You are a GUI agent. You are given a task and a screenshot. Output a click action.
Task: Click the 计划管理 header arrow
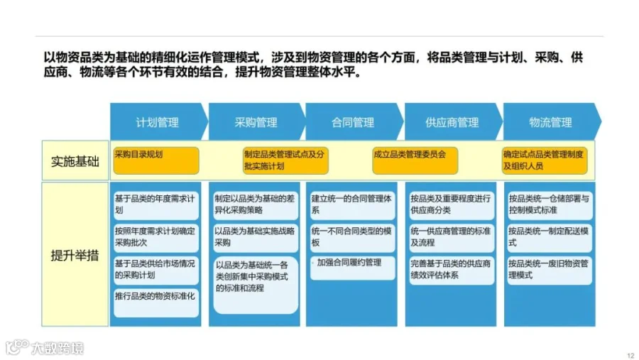[x=157, y=122]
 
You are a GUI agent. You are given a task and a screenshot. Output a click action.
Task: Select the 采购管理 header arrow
[x=256, y=122]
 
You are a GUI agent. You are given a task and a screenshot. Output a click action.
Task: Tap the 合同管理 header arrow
[x=353, y=122]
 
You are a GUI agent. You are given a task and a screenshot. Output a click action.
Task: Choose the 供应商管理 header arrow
[x=452, y=122]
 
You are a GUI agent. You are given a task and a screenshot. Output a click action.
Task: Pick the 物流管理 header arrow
[x=550, y=122]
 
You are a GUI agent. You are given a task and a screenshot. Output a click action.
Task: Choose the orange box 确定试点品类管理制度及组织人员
[x=545, y=160]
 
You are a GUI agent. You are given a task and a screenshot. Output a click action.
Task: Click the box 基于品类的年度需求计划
[x=155, y=204]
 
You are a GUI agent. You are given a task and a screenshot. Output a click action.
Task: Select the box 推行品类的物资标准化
[x=155, y=295]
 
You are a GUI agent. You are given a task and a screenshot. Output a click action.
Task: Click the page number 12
[x=630, y=355]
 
